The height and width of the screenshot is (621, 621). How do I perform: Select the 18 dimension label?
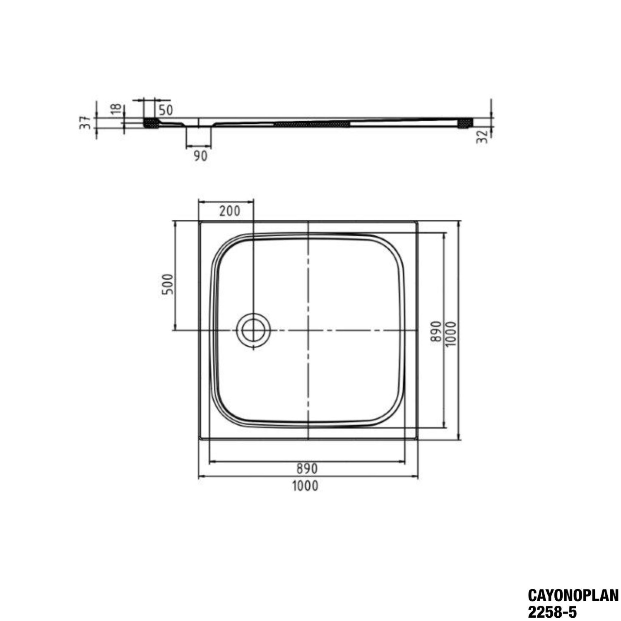pos(117,109)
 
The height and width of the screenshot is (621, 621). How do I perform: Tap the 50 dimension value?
pos(165,111)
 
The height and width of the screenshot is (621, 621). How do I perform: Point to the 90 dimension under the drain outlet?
pos(200,156)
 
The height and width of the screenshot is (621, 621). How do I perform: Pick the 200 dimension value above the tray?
pos(229,211)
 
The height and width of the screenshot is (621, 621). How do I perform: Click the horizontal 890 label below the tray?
pos(307,468)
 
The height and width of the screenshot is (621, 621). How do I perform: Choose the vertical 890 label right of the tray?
pos(434,331)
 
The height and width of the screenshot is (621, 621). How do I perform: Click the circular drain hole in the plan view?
pos(253,331)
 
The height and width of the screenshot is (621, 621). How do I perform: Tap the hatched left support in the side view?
pos(151,123)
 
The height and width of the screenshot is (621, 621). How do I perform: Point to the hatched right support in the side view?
pos(465,123)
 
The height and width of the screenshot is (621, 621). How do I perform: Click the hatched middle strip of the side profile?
pos(311,123)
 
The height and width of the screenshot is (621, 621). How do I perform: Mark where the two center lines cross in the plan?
pos(308,331)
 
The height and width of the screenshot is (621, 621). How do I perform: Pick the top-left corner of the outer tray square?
pos(199,221)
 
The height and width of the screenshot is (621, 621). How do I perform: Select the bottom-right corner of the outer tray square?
pos(417,439)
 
